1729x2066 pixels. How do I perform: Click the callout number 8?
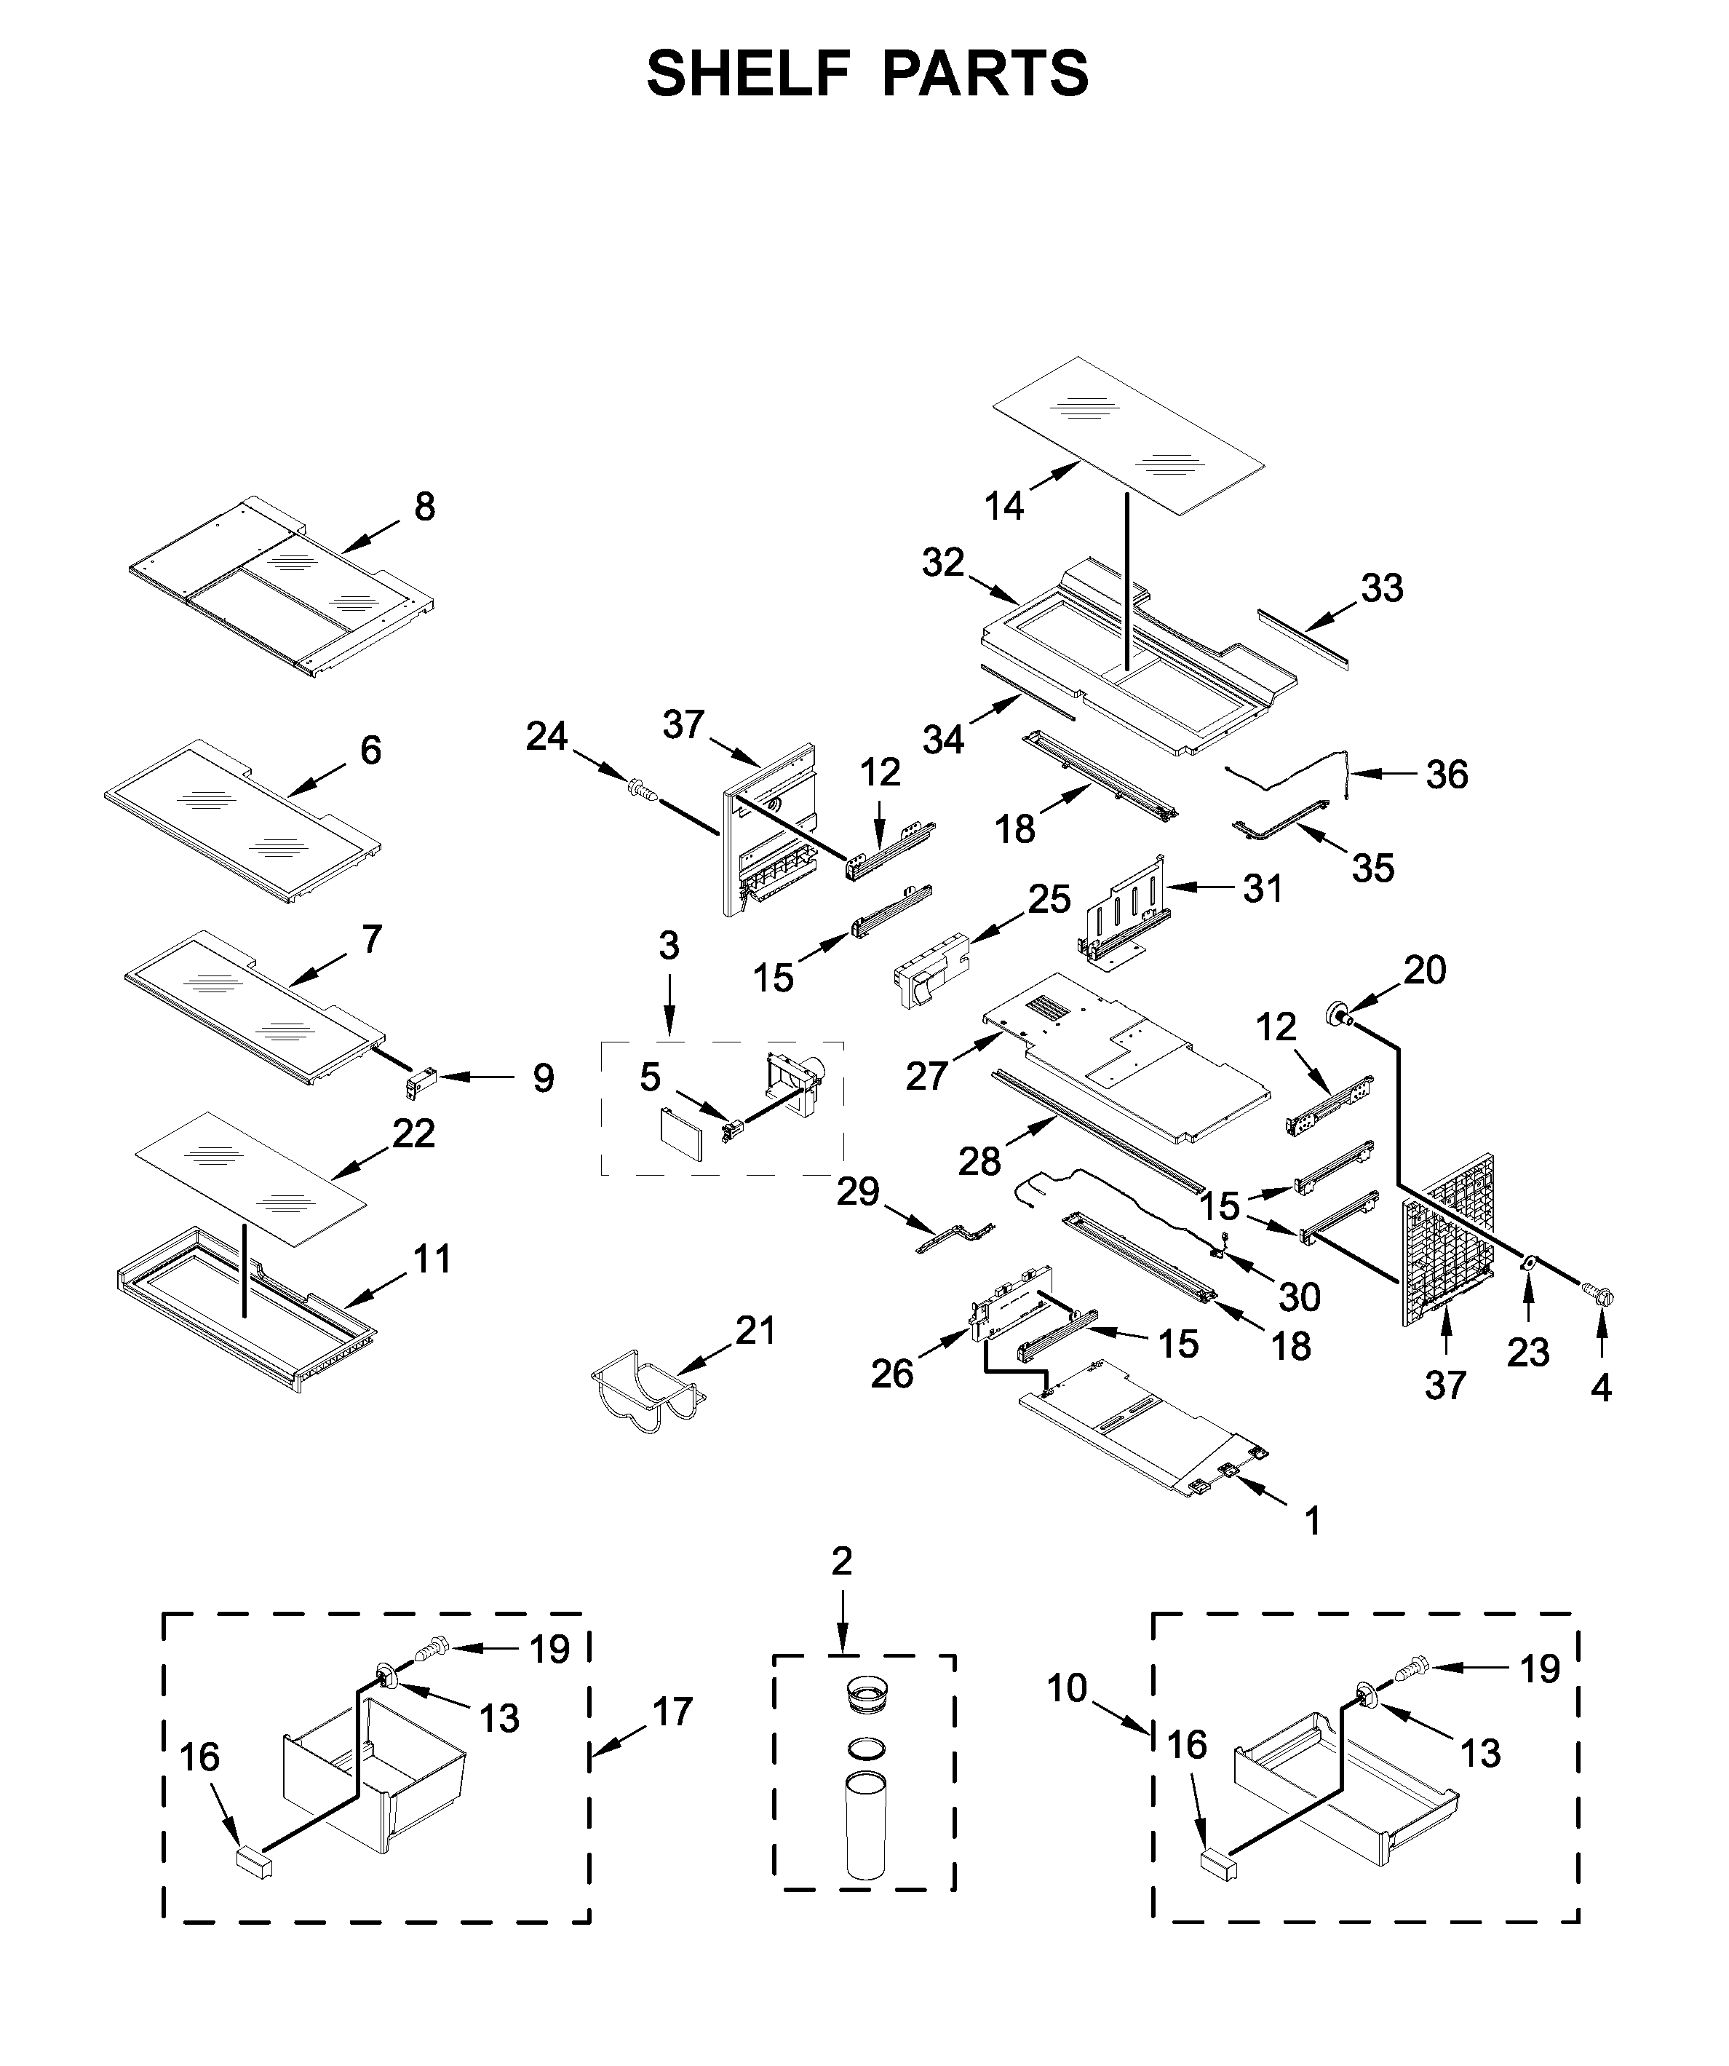[424, 507]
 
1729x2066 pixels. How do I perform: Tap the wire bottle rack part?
[645, 1397]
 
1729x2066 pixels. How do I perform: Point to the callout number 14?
[1004, 506]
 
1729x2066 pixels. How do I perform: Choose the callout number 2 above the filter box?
[842, 1562]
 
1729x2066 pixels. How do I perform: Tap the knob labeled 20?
[1338, 1013]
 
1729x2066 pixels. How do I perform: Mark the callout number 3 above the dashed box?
[669, 946]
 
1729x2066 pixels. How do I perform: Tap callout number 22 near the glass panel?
[414, 1133]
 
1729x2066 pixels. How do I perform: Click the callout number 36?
[1447, 775]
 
